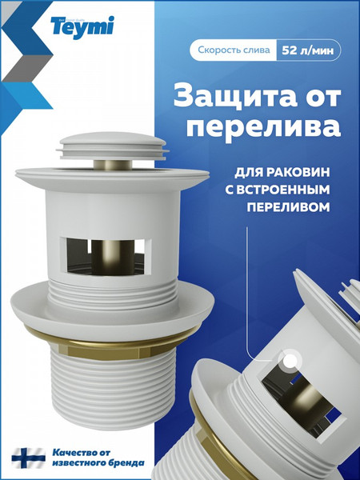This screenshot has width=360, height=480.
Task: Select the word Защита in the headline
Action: [234, 97]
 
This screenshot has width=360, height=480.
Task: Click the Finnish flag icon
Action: [27, 458]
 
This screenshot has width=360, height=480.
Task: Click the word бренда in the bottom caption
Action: [126, 463]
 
